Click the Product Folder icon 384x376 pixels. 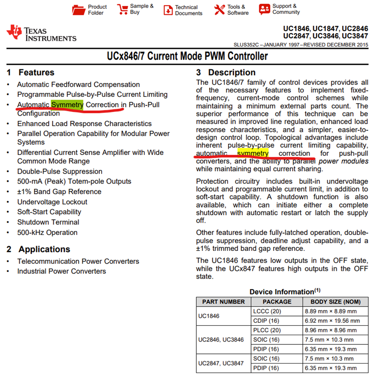pyautogui.click(x=78, y=10)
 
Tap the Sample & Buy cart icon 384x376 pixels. pyautogui.click(x=122, y=9)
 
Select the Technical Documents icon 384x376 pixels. pyautogui.click(x=168, y=10)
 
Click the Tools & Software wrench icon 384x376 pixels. pyautogui.click(x=219, y=10)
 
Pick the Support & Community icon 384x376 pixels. pyautogui.click(x=264, y=9)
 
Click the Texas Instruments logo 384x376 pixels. pyautogui.click(x=41, y=33)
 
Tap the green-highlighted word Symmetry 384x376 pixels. pyautogui.click(x=67, y=105)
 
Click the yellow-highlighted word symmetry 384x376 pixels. pyautogui.click(x=253, y=153)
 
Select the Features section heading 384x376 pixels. pyautogui.click(x=36, y=72)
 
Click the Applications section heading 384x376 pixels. pyautogui.click(x=44, y=249)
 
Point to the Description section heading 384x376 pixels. pyautogui.click(x=231, y=72)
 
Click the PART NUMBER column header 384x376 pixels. pyautogui.click(x=223, y=302)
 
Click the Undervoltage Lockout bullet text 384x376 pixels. pyautogui.click(x=52, y=202)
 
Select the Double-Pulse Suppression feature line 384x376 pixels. pyautogui.click(x=60, y=171)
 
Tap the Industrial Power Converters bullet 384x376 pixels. pyautogui.click(x=62, y=271)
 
